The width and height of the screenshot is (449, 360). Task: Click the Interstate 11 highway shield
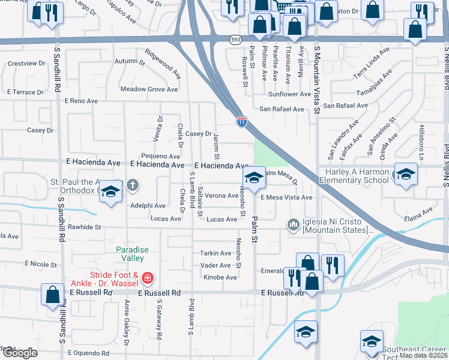(x=241, y=122)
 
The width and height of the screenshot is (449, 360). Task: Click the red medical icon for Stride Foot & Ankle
(x=148, y=278)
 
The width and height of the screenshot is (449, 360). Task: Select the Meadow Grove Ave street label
(x=149, y=89)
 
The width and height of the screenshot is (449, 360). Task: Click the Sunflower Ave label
(x=289, y=94)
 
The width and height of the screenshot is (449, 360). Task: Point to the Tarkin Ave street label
(x=215, y=253)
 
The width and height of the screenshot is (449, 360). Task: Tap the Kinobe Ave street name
(x=220, y=277)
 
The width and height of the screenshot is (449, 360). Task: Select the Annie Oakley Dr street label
(x=127, y=323)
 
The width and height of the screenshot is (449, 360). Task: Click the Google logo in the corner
(x=20, y=353)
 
